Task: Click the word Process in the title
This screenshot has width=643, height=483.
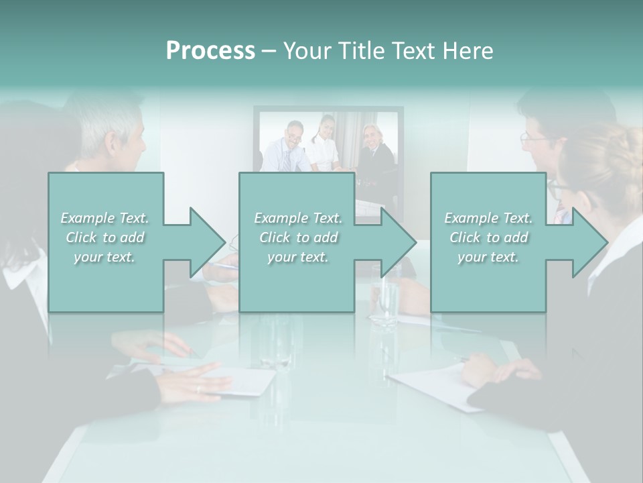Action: pos(210,51)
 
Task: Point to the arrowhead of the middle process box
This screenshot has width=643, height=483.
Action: pos(397,242)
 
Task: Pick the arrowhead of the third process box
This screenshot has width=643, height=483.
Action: pos(588,242)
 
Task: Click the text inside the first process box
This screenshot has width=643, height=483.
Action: pos(105,237)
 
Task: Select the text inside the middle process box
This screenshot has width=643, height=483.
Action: pos(298,237)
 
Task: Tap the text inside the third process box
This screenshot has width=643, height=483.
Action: pos(488,237)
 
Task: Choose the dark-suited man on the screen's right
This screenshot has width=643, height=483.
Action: pos(372,148)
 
